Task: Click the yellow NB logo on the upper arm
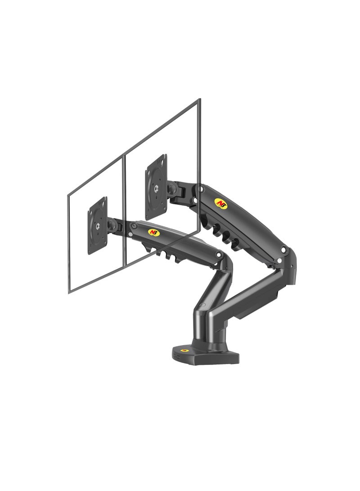tap(220, 203)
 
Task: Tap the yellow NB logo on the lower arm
tap(154, 232)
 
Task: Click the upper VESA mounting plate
tap(156, 186)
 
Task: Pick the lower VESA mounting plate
tap(98, 225)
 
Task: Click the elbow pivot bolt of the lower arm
tap(219, 255)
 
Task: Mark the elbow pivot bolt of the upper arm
tap(283, 250)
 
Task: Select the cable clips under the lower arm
tap(162, 252)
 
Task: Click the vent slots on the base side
tap(176, 356)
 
